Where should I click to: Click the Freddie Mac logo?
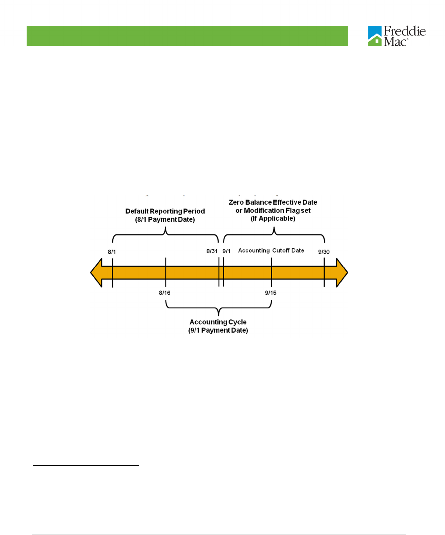pyautogui.click(x=396, y=36)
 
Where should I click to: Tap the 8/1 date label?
pyautogui.click(x=112, y=252)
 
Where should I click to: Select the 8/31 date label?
pyautogui.click(x=212, y=251)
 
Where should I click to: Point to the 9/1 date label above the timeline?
pyautogui.click(x=226, y=251)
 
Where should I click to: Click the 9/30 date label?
pyautogui.click(x=324, y=252)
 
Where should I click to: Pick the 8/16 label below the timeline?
pyautogui.click(x=165, y=293)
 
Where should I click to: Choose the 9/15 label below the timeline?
pyautogui.click(x=271, y=293)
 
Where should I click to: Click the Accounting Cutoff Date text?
pyautogui.click(x=271, y=251)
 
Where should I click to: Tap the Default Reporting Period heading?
pyautogui.click(x=165, y=211)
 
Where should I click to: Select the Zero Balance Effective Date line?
pyautogui.click(x=273, y=202)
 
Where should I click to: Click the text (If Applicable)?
pyautogui.click(x=273, y=219)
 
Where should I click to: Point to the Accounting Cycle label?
pyautogui.click(x=218, y=322)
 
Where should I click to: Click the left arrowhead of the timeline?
pyautogui.click(x=96, y=273)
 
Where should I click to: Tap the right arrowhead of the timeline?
pyautogui.click(x=342, y=273)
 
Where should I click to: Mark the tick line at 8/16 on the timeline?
pyautogui.click(x=166, y=273)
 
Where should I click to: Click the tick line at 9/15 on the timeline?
pyautogui.click(x=271, y=273)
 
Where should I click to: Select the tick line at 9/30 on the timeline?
pyautogui.click(x=324, y=273)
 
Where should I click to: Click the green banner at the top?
pyautogui.click(x=187, y=36)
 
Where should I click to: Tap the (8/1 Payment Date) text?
pyautogui.click(x=165, y=220)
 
